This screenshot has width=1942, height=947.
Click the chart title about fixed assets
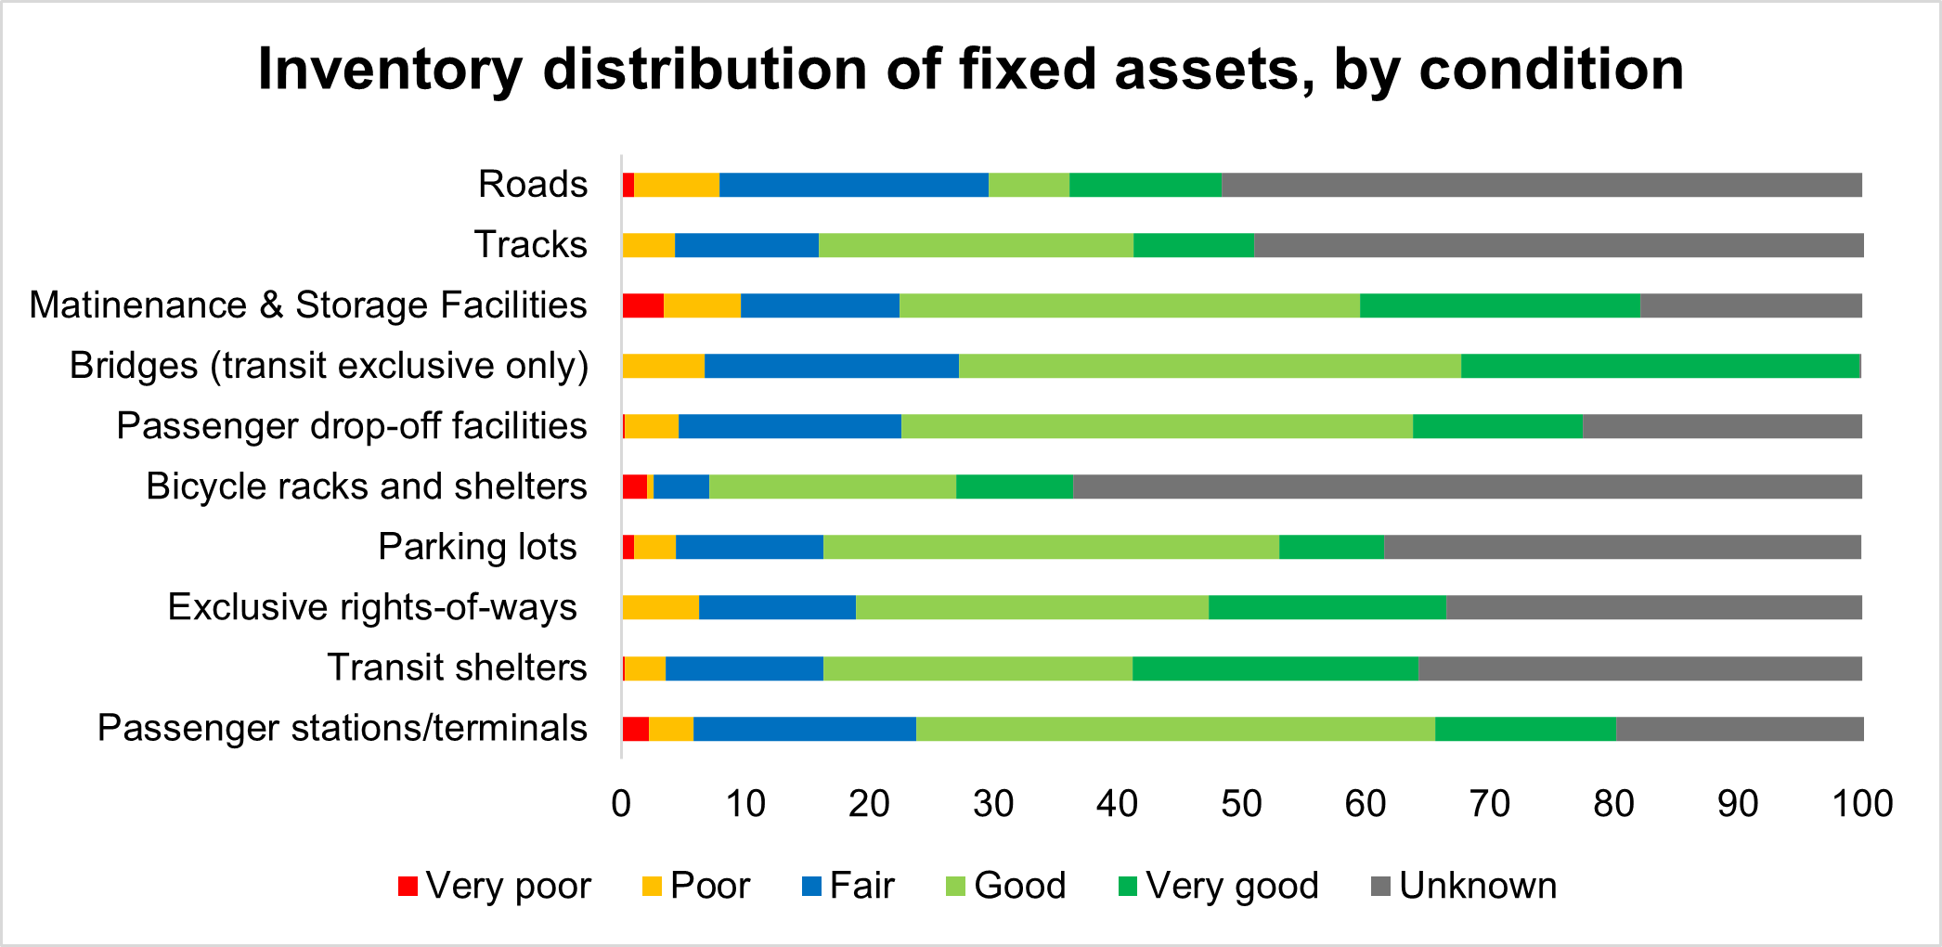(970, 70)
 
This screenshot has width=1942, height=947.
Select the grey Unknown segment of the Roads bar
(1541, 185)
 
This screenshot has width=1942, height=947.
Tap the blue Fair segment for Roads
(853, 185)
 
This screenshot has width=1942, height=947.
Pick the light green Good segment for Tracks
(976, 245)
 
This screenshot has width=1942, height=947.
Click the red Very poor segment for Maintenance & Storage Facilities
(642, 305)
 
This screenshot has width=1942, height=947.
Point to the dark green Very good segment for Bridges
(1660, 366)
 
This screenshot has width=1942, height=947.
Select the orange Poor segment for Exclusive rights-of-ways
(660, 607)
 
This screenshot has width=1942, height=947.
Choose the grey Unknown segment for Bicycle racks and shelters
(1467, 486)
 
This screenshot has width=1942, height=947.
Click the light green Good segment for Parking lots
(1051, 547)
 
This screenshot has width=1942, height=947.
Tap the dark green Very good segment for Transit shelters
(1275, 668)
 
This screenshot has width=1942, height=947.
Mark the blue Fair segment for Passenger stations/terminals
(804, 729)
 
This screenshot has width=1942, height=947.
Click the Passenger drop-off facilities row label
(351, 426)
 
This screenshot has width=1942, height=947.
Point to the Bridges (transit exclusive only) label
(329, 366)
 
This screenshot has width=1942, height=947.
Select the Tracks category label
(530, 245)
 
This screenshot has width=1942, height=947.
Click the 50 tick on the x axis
(1241, 803)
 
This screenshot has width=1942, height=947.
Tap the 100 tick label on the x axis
(1861, 803)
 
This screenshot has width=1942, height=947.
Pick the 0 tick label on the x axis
(621, 803)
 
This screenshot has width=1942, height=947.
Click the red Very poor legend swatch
(408, 886)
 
